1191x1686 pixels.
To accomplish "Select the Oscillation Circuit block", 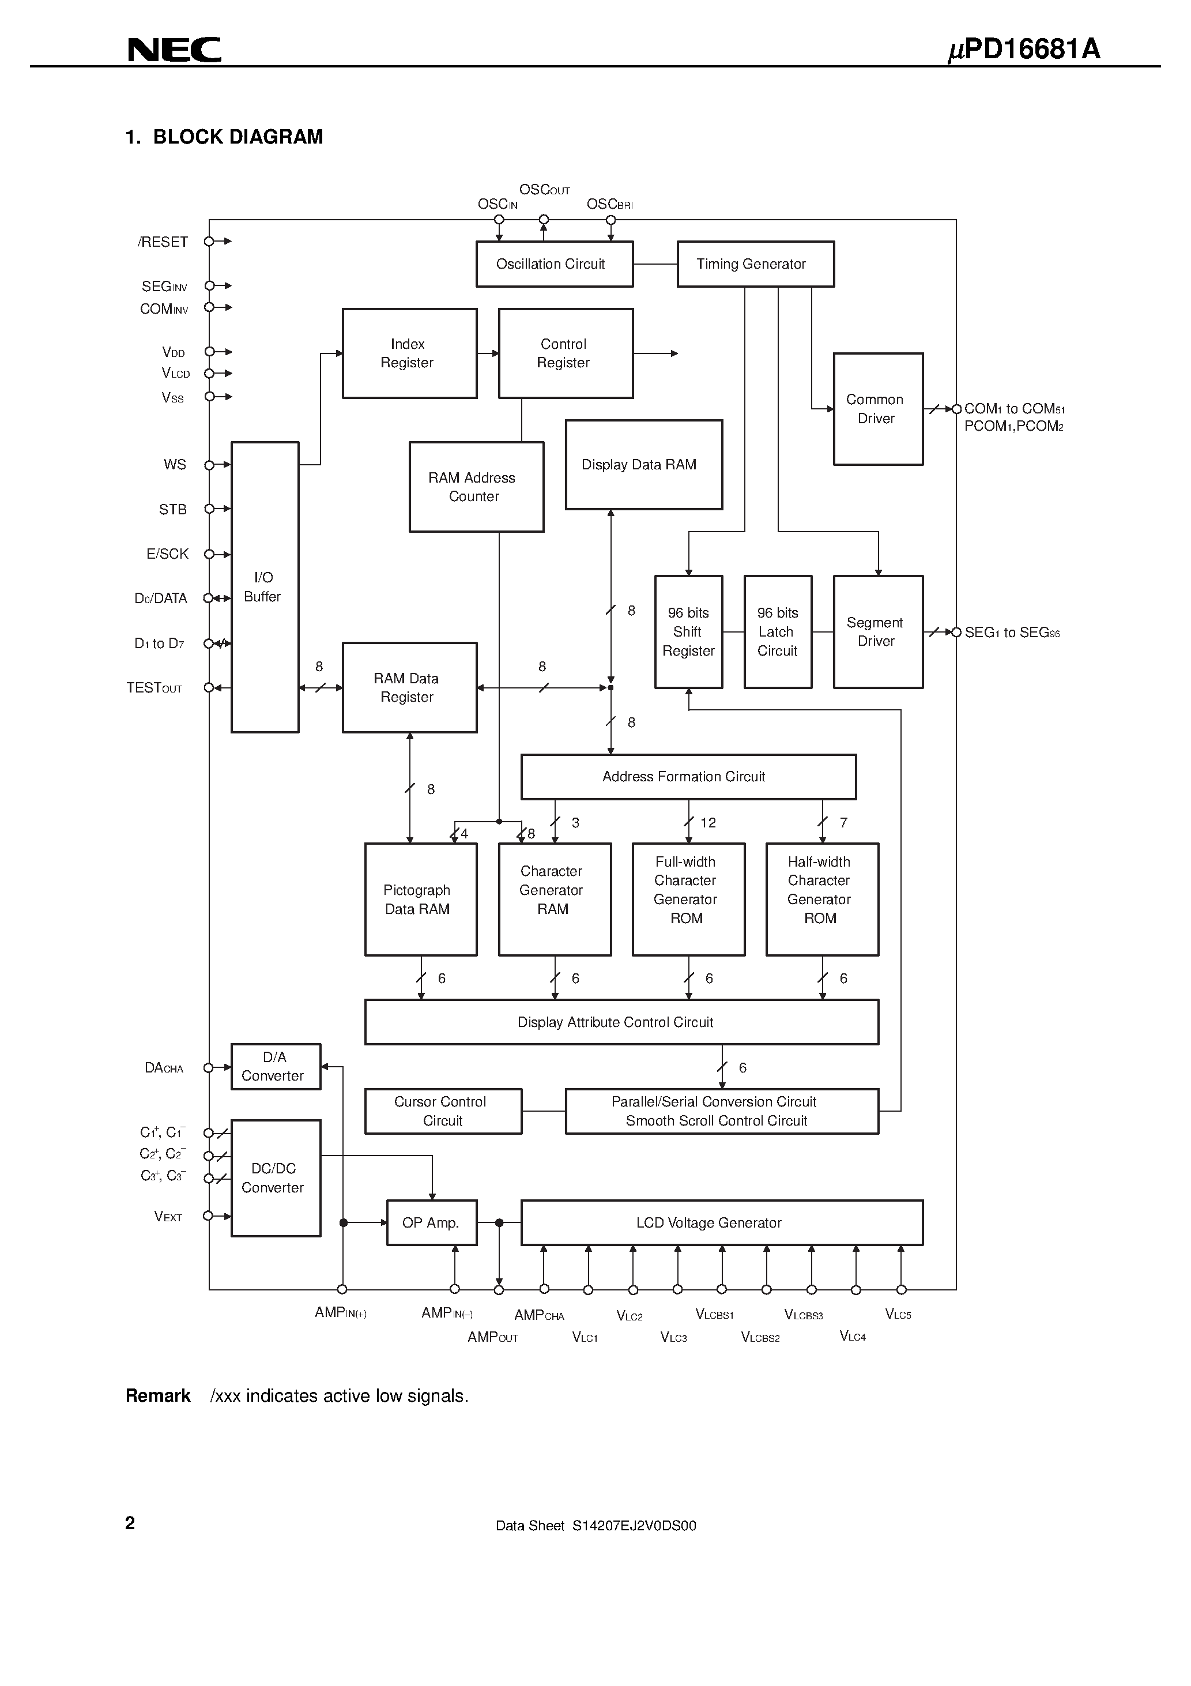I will tap(555, 264).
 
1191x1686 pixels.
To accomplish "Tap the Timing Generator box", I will tap(755, 264).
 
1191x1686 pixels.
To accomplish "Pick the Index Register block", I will tap(409, 353).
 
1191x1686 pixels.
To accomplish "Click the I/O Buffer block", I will tap(265, 587).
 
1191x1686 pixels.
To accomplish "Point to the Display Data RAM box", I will tap(643, 465).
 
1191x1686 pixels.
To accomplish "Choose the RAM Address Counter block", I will tap(476, 487).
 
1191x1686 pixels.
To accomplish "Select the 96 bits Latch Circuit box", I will tap(778, 631).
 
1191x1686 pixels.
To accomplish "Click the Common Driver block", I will tap(877, 409).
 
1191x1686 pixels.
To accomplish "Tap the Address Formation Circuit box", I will tap(688, 777).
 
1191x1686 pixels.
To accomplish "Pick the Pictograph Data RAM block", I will tap(420, 900).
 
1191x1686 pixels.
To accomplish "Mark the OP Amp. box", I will tap(432, 1222).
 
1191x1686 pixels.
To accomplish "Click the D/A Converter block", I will tap(276, 1066).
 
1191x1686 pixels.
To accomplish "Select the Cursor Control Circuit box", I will tap(443, 1111).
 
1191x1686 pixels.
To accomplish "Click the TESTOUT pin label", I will tap(154, 688).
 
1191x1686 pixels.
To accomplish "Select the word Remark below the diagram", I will tap(158, 1396).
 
